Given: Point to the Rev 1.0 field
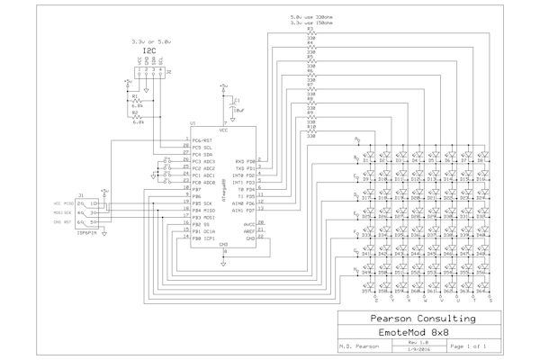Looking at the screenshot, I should (413, 343).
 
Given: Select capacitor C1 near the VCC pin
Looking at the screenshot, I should (236, 103).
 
